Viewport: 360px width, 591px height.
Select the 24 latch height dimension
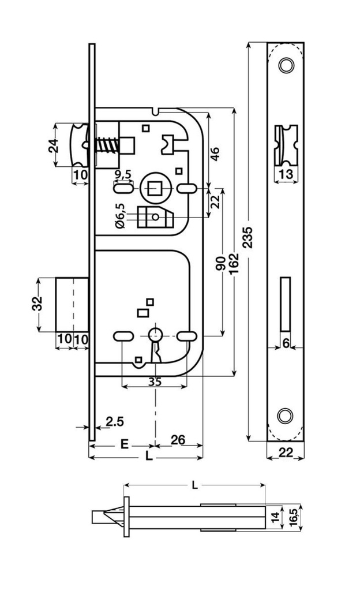(x=53, y=145)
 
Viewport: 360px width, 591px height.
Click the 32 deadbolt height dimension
(x=36, y=304)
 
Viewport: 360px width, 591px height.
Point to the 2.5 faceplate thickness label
(x=115, y=421)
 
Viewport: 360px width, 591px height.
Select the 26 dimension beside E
(x=178, y=440)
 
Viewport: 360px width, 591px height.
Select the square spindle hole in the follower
(x=155, y=188)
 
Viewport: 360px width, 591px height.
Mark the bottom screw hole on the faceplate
(x=284, y=415)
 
